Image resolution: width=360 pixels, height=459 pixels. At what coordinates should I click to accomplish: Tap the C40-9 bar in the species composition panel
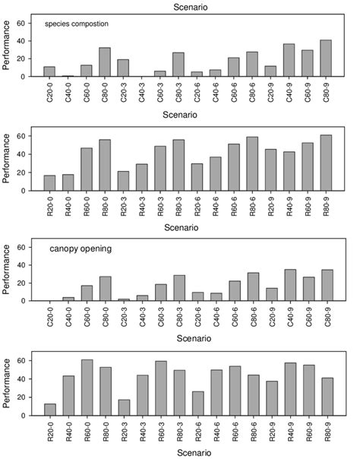pyautogui.click(x=289, y=60)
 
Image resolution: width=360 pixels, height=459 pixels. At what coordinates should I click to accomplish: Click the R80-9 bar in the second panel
pyautogui.click(x=327, y=165)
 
